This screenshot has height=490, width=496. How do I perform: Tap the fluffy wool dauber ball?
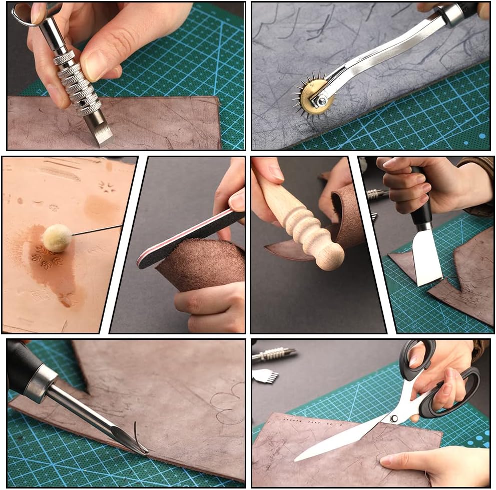point(57,238)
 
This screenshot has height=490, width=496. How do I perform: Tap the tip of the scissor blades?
point(298,458)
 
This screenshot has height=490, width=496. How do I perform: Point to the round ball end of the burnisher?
point(330,258)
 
